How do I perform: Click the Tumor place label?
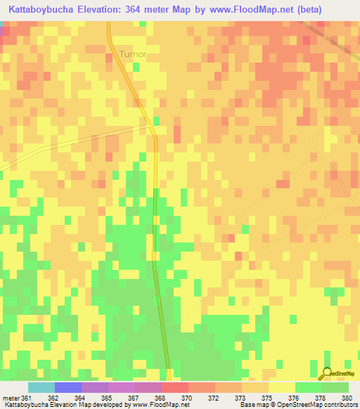[133, 54]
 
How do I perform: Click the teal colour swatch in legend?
[41, 387]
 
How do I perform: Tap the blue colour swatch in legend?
[67, 387]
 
